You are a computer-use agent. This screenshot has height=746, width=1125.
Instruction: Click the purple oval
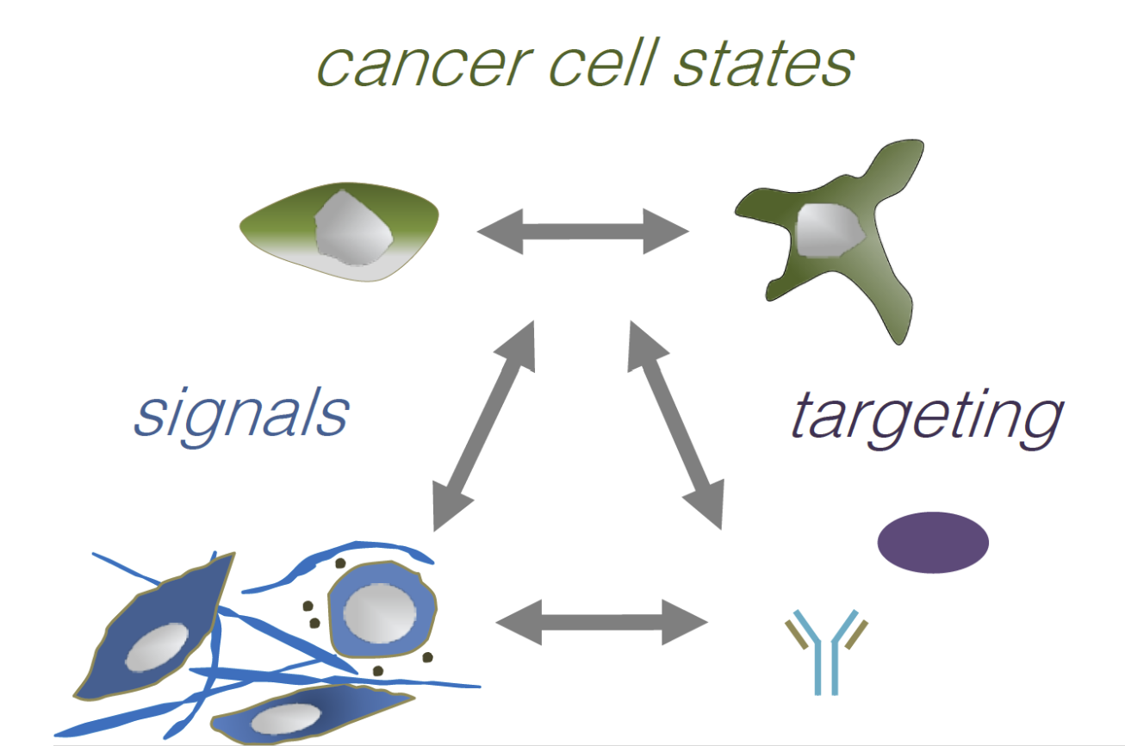tap(933, 543)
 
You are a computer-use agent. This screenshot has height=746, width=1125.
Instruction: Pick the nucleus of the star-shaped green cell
tap(829, 231)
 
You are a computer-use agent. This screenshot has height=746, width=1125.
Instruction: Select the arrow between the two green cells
tap(583, 231)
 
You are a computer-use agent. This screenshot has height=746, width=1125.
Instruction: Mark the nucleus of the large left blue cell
tap(156, 647)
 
